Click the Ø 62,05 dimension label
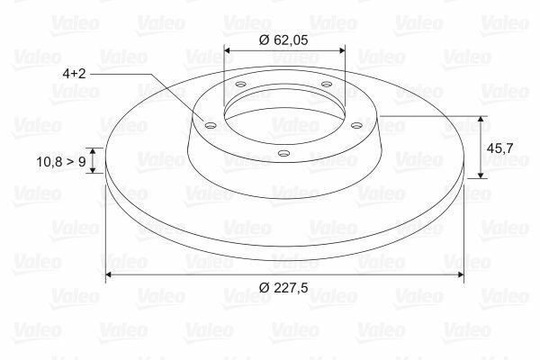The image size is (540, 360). pos(283,40)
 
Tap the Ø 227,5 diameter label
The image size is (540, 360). pos(283,287)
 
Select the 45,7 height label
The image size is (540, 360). pos(499,148)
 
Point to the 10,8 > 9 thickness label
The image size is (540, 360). pos(61,161)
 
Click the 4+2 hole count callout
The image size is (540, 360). pos(74,74)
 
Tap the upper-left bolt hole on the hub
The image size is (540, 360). pos(240,84)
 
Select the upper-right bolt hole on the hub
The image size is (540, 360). pos(326,84)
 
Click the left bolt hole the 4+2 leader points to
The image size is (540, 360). pos(210,125)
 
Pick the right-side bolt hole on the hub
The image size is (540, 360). pos(356,125)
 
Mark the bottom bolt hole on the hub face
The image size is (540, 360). pos(283,153)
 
